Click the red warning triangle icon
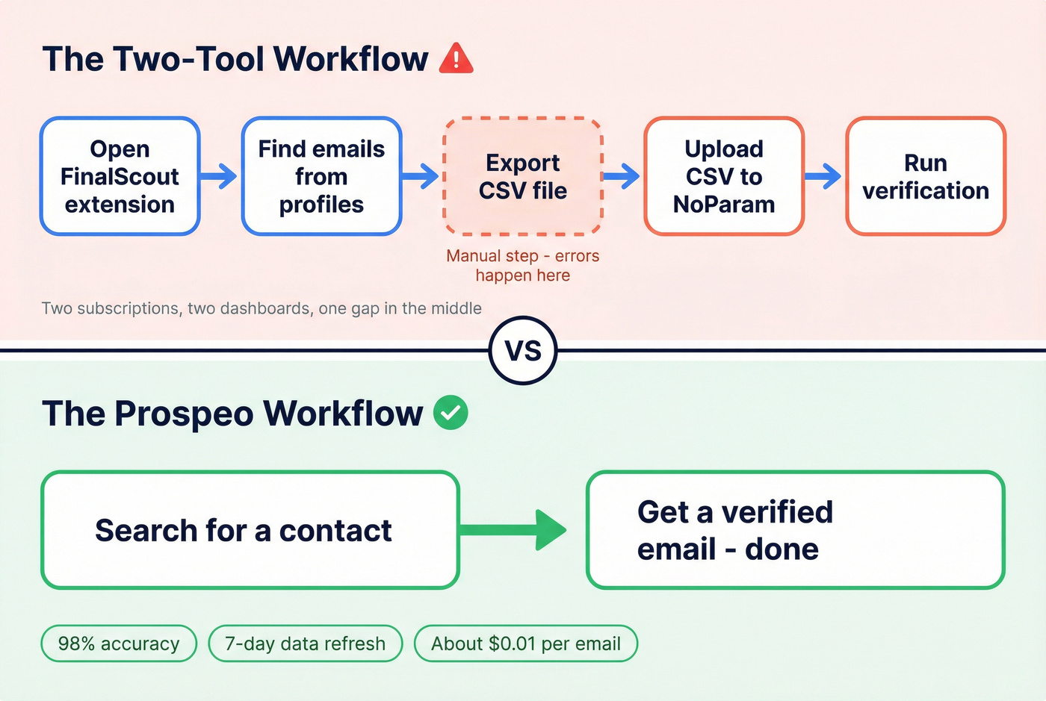tap(456, 59)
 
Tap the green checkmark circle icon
tap(451, 413)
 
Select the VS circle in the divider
tap(523, 350)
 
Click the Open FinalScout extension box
tap(120, 176)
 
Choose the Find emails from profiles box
tap(321, 176)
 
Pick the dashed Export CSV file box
tap(523, 176)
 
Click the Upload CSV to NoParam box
tap(724, 176)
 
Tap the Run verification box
tap(926, 176)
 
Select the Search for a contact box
tap(250, 530)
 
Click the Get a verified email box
tap(795, 530)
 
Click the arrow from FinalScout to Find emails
tap(220, 176)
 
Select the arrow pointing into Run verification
tap(824, 176)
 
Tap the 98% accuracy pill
tap(119, 644)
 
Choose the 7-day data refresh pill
tap(305, 644)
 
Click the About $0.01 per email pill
tap(526, 644)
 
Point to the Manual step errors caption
tap(523, 266)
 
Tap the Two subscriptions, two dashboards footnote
tap(261, 308)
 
